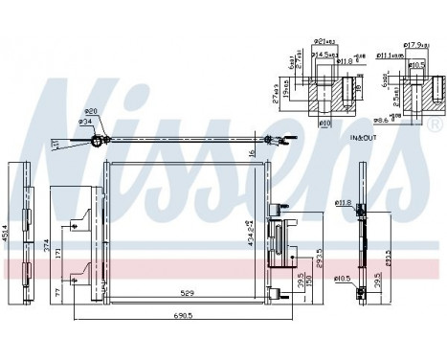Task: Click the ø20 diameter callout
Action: (93, 110)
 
